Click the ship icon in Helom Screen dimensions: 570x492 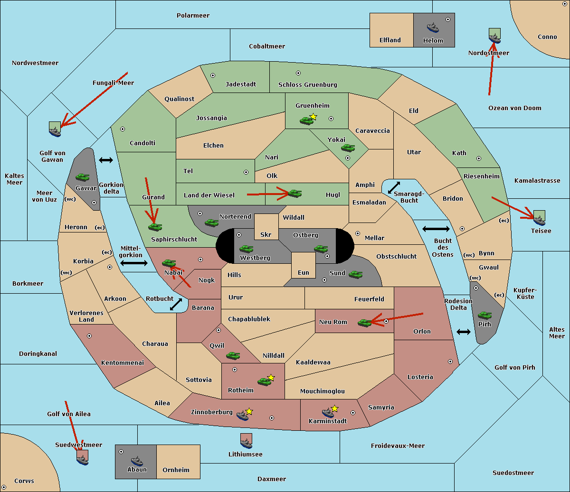click(433, 28)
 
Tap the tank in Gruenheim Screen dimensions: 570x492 click(306, 121)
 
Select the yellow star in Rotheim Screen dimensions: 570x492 click(271, 377)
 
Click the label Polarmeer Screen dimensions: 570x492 click(193, 16)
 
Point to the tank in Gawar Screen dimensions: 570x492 click(83, 177)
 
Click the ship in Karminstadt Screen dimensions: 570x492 click(328, 413)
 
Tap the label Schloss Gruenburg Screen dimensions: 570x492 click(308, 84)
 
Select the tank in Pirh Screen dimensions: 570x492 click(484, 315)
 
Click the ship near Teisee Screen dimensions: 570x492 click(539, 221)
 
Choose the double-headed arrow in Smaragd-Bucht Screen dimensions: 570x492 click(394, 187)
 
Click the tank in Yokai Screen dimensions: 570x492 click(348, 148)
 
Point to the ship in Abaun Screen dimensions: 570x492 click(137, 461)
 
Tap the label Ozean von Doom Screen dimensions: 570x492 click(514, 108)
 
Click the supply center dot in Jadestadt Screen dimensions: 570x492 click(213, 75)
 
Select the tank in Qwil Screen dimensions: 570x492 click(233, 355)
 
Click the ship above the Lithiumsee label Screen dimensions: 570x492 click(246, 443)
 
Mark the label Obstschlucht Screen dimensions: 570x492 click(396, 256)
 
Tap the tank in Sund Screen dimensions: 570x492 click(355, 274)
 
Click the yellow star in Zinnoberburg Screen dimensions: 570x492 click(249, 411)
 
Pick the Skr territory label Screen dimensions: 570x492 click(266, 234)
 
